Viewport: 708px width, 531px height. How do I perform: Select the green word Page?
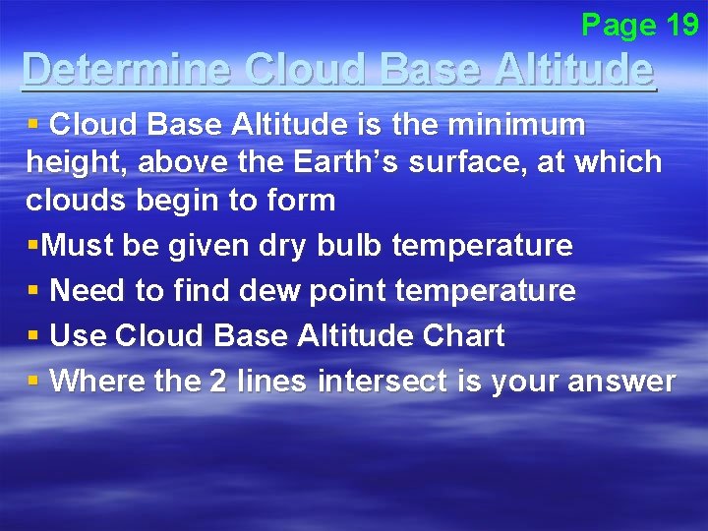pyautogui.click(x=618, y=24)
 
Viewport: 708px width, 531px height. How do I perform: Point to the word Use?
pyautogui.click(x=78, y=336)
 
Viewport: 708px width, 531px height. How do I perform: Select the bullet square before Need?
pyautogui.click(x=33, y=291)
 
